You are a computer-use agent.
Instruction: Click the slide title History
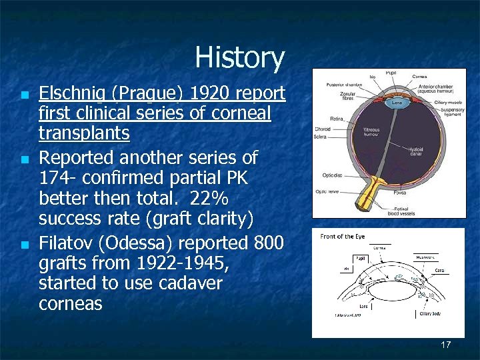[239, 58]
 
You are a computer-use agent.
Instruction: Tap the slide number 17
[446, 345]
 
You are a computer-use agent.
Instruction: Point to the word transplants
[84, 133]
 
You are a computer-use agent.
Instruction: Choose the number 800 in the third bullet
[267, 241]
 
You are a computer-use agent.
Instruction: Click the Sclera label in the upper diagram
[320, 137]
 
